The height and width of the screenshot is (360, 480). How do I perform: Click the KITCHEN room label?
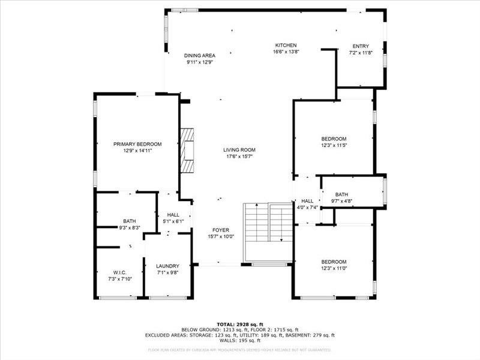coord(286,46)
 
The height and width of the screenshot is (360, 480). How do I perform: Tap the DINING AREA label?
coord(200,55)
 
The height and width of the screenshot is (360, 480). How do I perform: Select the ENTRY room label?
coord(361,46)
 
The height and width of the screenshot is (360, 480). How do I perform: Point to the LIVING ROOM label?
coord(239,150)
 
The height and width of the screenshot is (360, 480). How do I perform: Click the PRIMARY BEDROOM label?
coord(137,144)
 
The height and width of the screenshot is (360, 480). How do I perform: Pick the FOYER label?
coord(220,230)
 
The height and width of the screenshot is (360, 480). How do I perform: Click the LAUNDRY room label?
coord(167,266)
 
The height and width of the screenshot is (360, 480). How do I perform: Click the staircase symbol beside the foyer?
coord(267,223)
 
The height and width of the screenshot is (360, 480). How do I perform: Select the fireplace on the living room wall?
coord(189,150)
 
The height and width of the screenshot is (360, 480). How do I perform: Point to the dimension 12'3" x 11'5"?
coord(334,145)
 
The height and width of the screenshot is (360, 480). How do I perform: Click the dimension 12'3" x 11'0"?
coord(334,268)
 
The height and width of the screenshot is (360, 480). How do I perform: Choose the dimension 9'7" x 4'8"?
coord(341,201)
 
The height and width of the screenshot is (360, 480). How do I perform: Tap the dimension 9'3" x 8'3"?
coord(129,227)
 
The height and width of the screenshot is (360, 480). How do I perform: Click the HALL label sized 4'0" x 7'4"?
coord(307,201)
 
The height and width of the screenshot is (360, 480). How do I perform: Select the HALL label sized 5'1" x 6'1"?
coord(173,215)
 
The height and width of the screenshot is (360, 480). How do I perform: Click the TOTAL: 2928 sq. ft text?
coord(239,324)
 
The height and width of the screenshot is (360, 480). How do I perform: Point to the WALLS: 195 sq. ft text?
coord(239,341)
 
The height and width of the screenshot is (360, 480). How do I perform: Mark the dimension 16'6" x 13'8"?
coord(286,52)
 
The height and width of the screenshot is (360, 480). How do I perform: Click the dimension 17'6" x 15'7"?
coord(239,157)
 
